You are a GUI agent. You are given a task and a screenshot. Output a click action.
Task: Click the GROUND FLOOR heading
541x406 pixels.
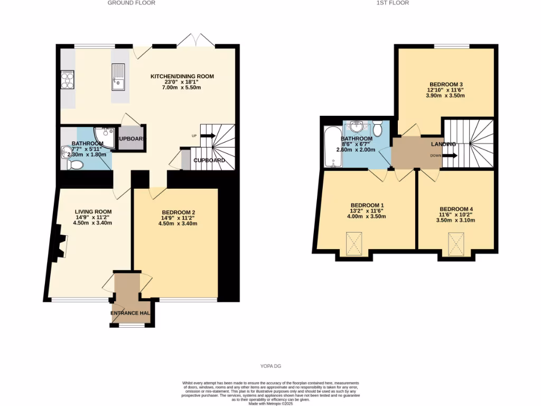coord(132,3)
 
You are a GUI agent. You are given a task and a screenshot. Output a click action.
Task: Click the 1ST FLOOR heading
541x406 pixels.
coord(393,3)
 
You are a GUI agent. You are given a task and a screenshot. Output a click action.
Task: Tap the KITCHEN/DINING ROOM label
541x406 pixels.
coord(182,77)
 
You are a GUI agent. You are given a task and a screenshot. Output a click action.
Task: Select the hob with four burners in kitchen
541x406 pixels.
coord(68,80)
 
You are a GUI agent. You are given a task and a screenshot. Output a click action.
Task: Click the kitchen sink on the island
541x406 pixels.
coord(118,77)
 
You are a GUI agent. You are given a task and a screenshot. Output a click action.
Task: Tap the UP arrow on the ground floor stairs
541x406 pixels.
coord(207,136)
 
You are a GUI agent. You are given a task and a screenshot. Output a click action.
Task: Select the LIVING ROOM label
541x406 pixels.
coord(93,211)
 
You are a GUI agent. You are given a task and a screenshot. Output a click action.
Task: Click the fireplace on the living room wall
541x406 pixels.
coord(59,245)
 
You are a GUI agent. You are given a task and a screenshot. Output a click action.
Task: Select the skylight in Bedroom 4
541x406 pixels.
coord(456,243)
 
